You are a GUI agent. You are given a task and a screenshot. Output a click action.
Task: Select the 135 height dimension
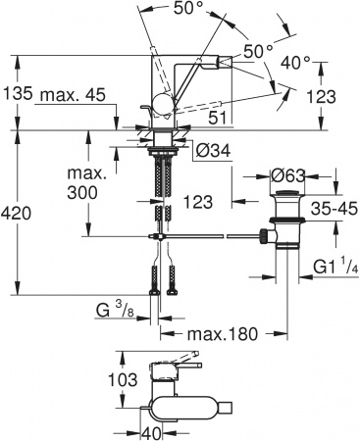coord(17,96)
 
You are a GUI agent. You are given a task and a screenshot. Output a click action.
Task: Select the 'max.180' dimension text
coord(223,334)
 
